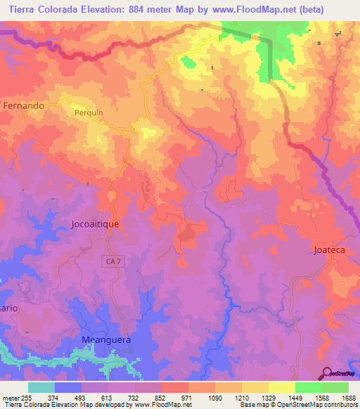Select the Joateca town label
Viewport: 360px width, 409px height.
click(330, 249)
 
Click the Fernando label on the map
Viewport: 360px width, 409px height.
click(23, 105)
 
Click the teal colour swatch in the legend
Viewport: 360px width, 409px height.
click(41, 387)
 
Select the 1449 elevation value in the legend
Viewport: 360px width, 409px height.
click(295, 398)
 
